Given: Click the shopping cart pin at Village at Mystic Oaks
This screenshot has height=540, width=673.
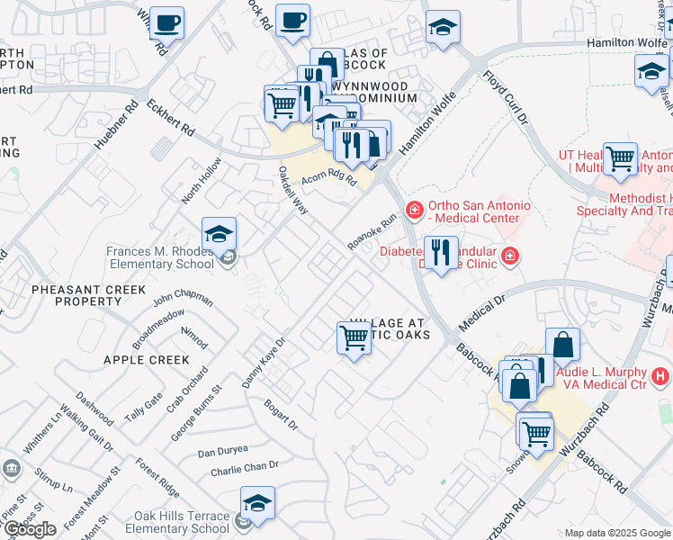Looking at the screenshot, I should coord(354,338).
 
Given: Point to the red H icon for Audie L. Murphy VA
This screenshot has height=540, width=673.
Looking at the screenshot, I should coord(660,375).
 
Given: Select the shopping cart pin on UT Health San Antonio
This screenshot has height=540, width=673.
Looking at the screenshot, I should coord(620,159).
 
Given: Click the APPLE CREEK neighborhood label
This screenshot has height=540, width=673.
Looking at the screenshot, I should coord(147,360).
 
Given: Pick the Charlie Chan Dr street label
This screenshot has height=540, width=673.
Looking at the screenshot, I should coord(245,467).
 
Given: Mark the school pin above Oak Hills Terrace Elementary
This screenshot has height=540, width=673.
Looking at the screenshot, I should coord(257,505).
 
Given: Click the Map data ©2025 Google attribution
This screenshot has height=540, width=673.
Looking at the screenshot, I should coord(617,533).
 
